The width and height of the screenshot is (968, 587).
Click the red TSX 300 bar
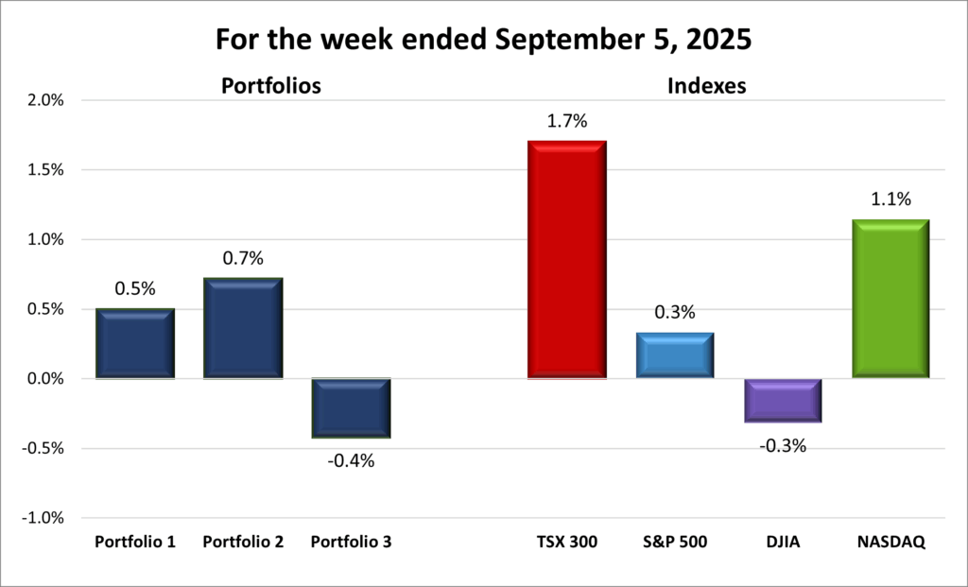coord(566,260)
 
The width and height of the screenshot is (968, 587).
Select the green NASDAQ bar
coord(890,299)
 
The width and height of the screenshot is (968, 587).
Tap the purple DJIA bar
coord(782,401)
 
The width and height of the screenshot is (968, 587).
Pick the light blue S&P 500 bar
coord(674,355)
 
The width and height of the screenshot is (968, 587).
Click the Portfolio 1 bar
coord(135,343)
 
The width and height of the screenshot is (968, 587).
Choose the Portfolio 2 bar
coord(243,328)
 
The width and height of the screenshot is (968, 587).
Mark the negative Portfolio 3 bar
coord(351,408)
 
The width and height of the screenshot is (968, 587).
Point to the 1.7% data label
coord(566,121)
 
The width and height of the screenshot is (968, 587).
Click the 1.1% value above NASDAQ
coord(890,199)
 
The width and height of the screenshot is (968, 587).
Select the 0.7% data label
coord(243,258)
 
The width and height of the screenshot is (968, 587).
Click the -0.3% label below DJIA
coord(782,445)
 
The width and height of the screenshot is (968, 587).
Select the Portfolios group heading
coord(270,86)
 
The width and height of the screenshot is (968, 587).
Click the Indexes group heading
coord(707,86)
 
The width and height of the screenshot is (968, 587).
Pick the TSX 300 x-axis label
coord(566,543)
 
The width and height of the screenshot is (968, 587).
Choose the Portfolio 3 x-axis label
coord(351,543)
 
